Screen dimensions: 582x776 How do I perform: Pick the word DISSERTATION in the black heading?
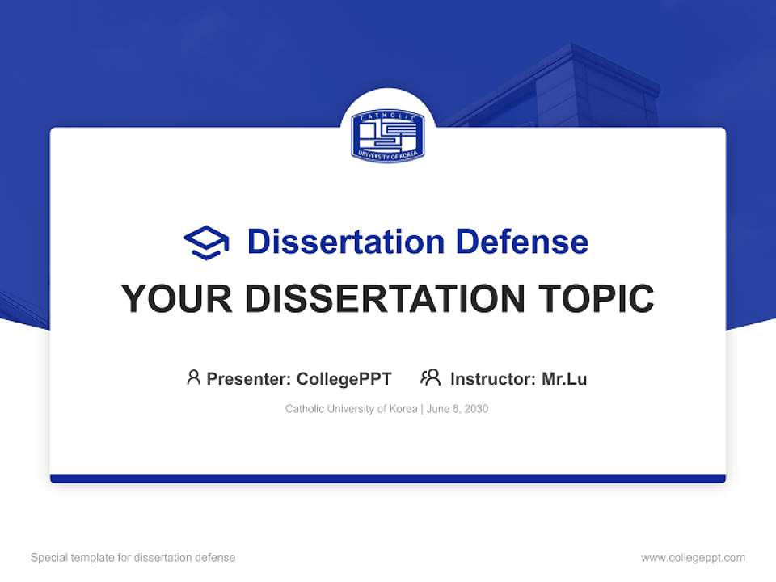(375, 299)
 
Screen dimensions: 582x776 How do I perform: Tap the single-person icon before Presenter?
(193, 377)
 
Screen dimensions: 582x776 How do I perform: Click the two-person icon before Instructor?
(430, 377)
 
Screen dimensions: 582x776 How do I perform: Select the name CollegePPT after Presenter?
(344, 378)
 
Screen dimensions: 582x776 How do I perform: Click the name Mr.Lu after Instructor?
(564, 378)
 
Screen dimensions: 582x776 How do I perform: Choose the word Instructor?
(493, 378)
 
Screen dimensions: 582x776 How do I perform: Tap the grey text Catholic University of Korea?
(350, 409)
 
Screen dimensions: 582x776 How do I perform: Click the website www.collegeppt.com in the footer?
(693, 558)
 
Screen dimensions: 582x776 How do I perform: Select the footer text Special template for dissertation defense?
(133, 558)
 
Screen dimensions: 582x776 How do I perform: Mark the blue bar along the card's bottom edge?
(388, 479)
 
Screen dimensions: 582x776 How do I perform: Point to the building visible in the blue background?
(582, 89)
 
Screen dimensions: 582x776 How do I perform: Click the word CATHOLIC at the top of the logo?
(388, 117)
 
